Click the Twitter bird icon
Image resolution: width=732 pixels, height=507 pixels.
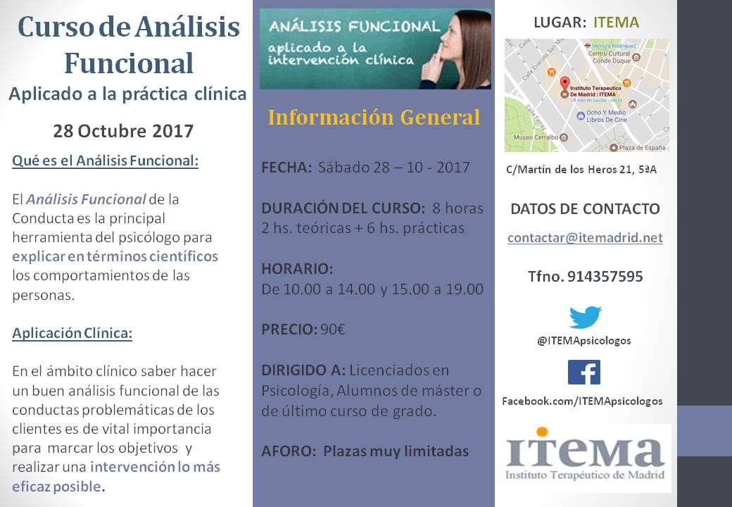pos(585,318)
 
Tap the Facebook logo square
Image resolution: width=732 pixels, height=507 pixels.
pos(584,372)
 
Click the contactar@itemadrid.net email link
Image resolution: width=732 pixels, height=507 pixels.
pos(585,237)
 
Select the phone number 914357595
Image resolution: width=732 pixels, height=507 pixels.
pos(605,276)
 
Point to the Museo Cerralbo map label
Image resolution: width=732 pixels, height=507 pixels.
pos(536,137)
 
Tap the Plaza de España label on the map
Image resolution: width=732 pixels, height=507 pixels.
pos(642,148)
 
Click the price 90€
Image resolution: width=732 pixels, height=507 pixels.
pos(333,330)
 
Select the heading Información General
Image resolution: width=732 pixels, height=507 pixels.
pos(374,117)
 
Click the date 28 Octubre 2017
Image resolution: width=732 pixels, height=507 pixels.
pos(123,131)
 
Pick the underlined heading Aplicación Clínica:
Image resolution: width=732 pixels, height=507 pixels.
pos(72,333)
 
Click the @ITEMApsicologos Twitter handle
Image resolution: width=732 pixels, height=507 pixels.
pos(584,341)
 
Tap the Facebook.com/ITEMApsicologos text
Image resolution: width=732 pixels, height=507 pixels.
pos(582,401)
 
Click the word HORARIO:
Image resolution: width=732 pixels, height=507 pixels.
pos(297,269)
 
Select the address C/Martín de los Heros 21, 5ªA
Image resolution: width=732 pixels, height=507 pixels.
pos(581,170)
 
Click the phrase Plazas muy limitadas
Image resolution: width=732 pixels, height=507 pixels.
pos(396,451)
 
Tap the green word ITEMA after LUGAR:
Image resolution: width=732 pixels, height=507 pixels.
pos(617,23)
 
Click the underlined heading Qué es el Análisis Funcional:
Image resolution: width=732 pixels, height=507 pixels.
pos(105,161)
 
